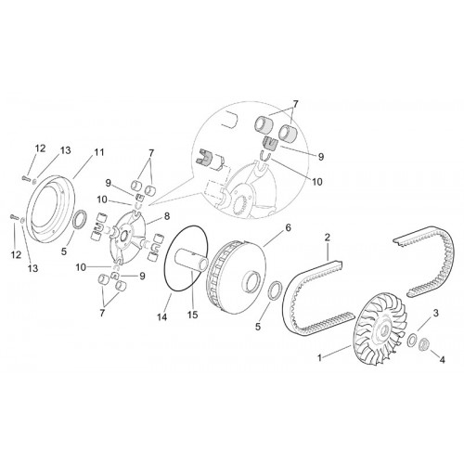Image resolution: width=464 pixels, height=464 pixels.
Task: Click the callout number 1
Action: point(320,358)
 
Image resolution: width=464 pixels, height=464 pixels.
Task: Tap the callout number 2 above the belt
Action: point(328,238)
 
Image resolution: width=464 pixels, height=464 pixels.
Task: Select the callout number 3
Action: point(435,314)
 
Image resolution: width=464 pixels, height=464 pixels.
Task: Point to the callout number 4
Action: point(443,360)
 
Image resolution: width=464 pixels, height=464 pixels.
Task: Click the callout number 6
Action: point(288,228)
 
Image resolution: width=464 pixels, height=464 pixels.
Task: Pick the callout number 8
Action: point(167,216)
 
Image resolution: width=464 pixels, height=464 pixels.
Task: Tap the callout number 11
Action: point(99,152)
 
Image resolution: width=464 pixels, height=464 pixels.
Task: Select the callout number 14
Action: point(162,316)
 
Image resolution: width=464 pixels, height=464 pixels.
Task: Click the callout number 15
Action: point(192,315)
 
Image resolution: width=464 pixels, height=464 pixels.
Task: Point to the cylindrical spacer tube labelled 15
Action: point(191,261)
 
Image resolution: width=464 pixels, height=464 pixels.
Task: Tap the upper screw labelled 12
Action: point(26,178)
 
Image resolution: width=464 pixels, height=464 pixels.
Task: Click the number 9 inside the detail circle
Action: point(321,157)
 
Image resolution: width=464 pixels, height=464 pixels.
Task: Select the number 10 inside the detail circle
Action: point(317,182)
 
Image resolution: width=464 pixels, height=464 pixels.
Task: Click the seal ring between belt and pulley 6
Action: point(275,290)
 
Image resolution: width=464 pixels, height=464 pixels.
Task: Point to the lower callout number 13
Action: point(32,268)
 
